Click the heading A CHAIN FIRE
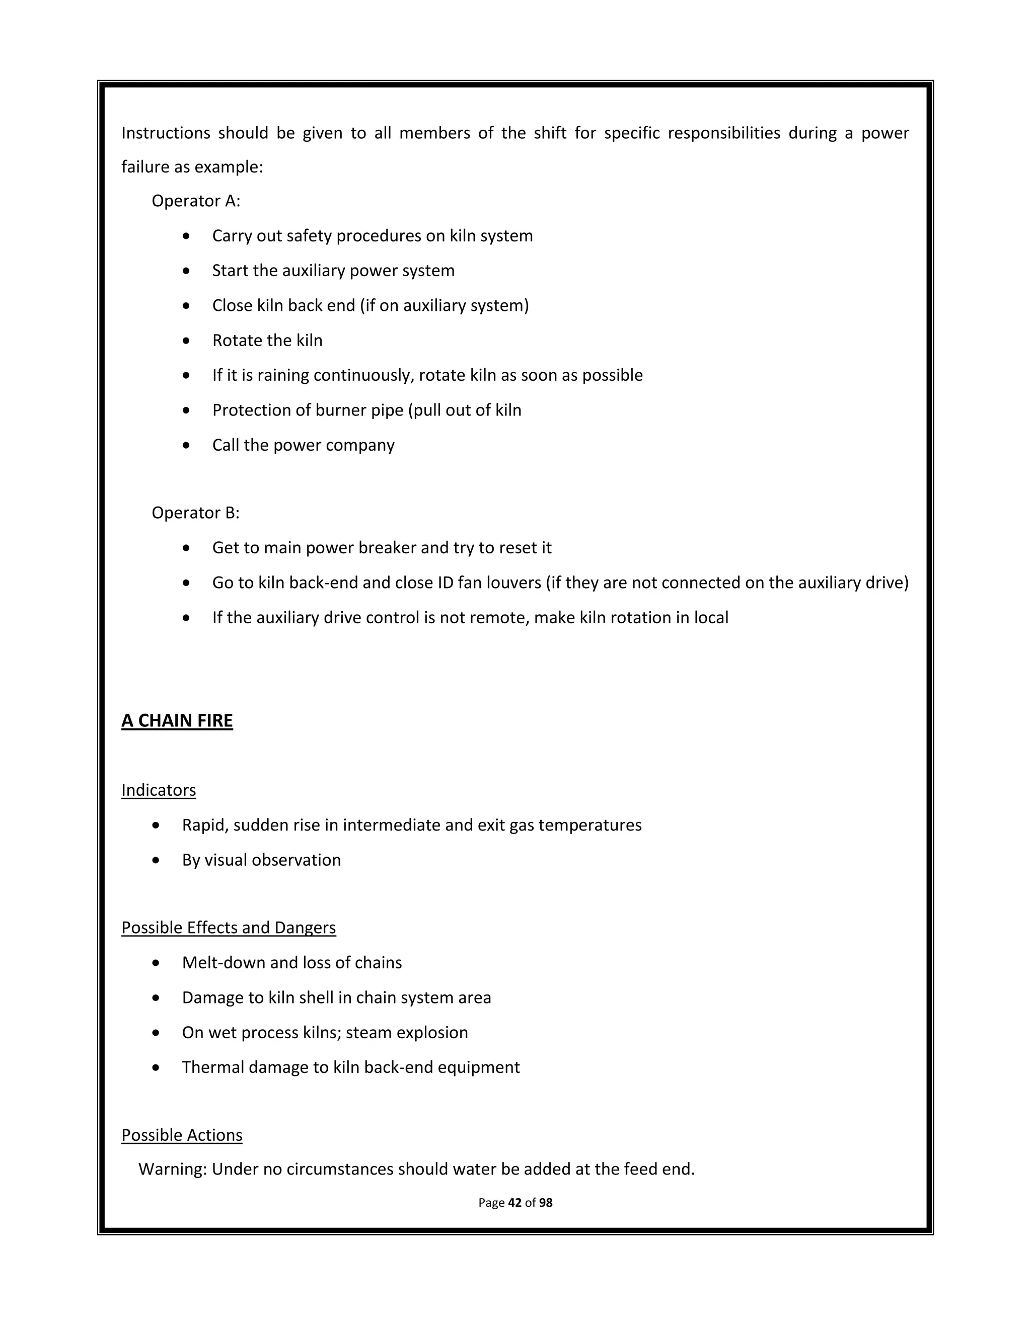[177, 721]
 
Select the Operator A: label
[195, 201]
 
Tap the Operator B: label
[195, 513]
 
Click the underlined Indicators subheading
[159, 790]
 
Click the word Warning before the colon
[172, 1169]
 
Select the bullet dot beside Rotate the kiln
[186, 341]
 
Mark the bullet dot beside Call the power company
[186, 446]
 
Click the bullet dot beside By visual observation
[157, 860]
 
